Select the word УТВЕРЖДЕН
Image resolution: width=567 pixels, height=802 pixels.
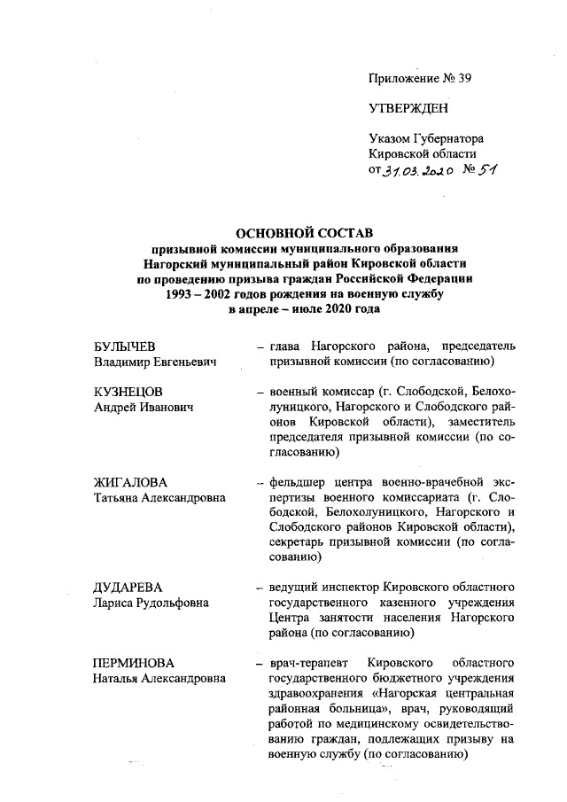pyautogui.click(x=408, y=109)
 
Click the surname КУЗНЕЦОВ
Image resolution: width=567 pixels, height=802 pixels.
pyautogui.click(x=129, y=391)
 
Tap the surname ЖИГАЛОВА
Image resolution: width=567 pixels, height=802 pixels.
pyautogui.click(x=130, y=483)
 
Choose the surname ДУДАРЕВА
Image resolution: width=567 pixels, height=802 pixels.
pyautogui.click(x=129, y=588)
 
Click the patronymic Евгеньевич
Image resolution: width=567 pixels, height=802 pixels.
pyautogui.click(x=186, y=361)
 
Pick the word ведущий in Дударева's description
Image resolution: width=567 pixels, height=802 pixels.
pyautogui.click(x=293, y=588)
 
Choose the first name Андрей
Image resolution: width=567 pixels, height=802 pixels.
pyautogui.click(x=115, y=407)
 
